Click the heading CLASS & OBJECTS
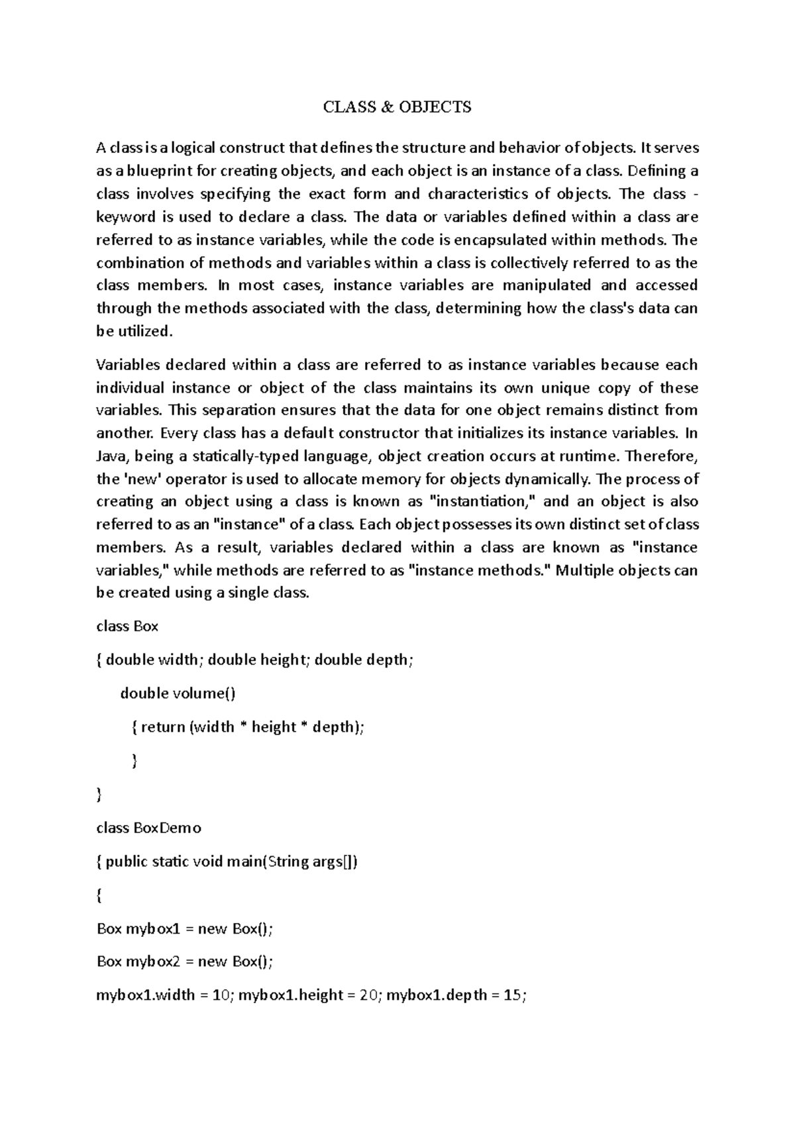pos(397,107)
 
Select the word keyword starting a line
pos(126,217)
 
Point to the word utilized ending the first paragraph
pos(144,331)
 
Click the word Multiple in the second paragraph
pos(583,571)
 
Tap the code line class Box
pos(127,626)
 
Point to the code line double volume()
pos(178,693)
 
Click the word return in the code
pos(163,727)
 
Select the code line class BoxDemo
pos(148,828)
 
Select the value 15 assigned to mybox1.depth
pos(512,995)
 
